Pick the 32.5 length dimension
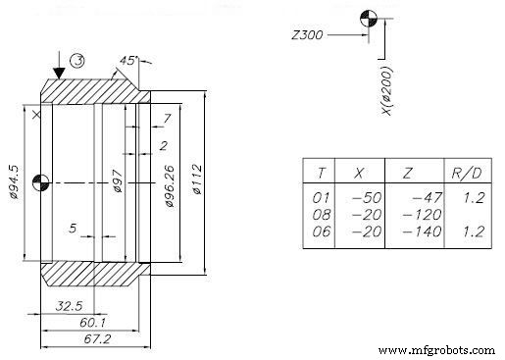[68, 305]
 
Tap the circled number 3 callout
[79, 61]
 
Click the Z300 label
[307, 36]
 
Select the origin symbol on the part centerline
[39, 181]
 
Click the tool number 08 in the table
[319, 214]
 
